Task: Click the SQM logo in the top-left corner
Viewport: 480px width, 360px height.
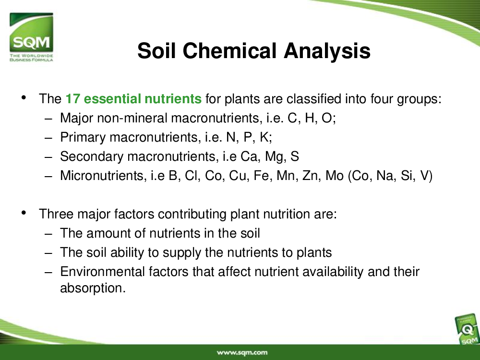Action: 31,37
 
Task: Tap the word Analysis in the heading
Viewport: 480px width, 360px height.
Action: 327,51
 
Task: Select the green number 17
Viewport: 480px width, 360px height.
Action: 72,98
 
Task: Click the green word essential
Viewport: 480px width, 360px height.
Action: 112,98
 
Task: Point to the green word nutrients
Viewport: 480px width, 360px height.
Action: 173,98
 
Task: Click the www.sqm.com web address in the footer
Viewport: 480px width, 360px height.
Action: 242,352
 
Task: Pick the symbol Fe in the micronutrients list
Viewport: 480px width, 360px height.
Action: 262,176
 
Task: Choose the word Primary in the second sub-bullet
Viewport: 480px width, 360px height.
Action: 83,137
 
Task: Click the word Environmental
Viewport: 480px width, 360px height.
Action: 102,272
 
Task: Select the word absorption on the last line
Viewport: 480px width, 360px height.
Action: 93,288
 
